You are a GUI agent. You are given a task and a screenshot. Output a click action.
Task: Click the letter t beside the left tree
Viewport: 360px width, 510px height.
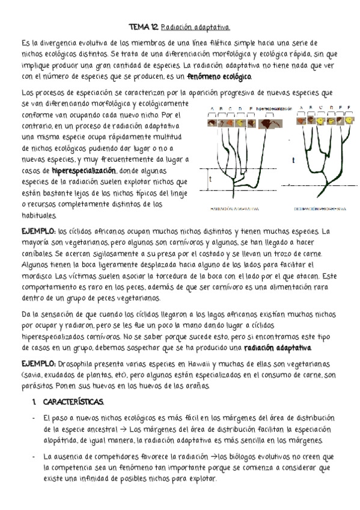[x=210, y=179]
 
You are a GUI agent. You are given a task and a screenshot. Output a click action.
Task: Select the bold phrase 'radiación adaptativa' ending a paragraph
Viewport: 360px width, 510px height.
[x=278, y=348]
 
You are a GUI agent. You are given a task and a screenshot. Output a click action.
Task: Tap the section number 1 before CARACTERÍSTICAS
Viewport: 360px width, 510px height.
[x=34, y=401]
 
